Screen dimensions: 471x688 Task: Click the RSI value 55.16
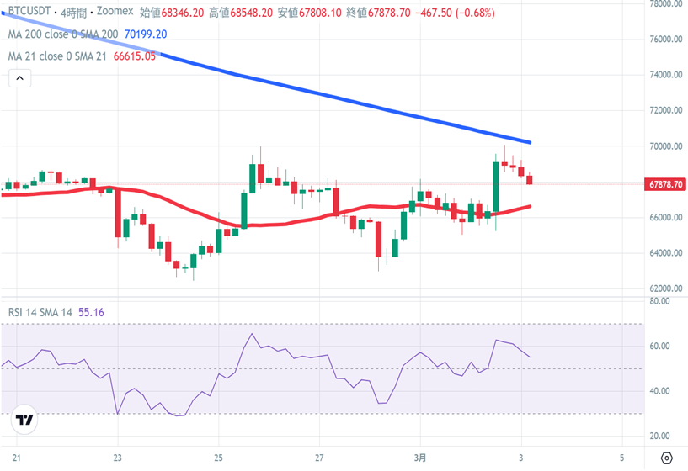coord(91,312)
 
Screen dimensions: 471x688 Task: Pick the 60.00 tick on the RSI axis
coord(659,347)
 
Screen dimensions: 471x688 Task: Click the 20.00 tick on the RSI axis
coord(659,437)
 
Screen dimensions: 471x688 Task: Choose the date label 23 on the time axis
coord(118,458)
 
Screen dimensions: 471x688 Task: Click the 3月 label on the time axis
coord(422,458)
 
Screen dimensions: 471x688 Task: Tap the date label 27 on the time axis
coord(320,458)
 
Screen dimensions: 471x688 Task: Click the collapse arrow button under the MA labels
coord(19,79)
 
